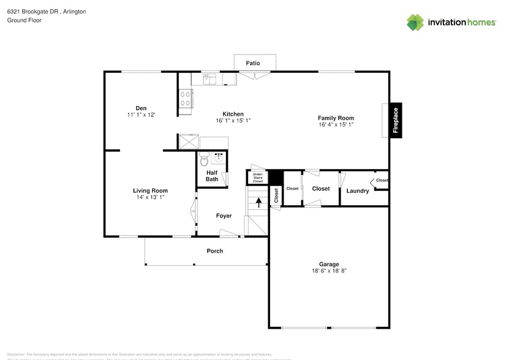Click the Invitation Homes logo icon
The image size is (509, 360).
(415, 23)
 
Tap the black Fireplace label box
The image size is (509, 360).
(396, 120)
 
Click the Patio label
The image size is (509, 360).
(253, 63)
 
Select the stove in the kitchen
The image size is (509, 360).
(185, 99)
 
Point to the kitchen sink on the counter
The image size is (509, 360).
(209, 78)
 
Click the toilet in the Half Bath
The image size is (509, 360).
(204, 159)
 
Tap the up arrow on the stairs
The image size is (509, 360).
(258, 201)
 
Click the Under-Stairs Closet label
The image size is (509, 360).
(258, 178)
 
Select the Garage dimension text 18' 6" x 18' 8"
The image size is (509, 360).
(328, 271)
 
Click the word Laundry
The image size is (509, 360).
(358, 191)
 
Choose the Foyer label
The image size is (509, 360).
(224, 216)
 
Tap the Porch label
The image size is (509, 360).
(215, 251)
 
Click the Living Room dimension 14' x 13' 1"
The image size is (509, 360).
(150, 197)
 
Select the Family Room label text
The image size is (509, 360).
(336, 118)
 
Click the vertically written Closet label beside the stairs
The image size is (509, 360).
(276, 195)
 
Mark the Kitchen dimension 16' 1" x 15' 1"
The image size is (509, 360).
(233, 121)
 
